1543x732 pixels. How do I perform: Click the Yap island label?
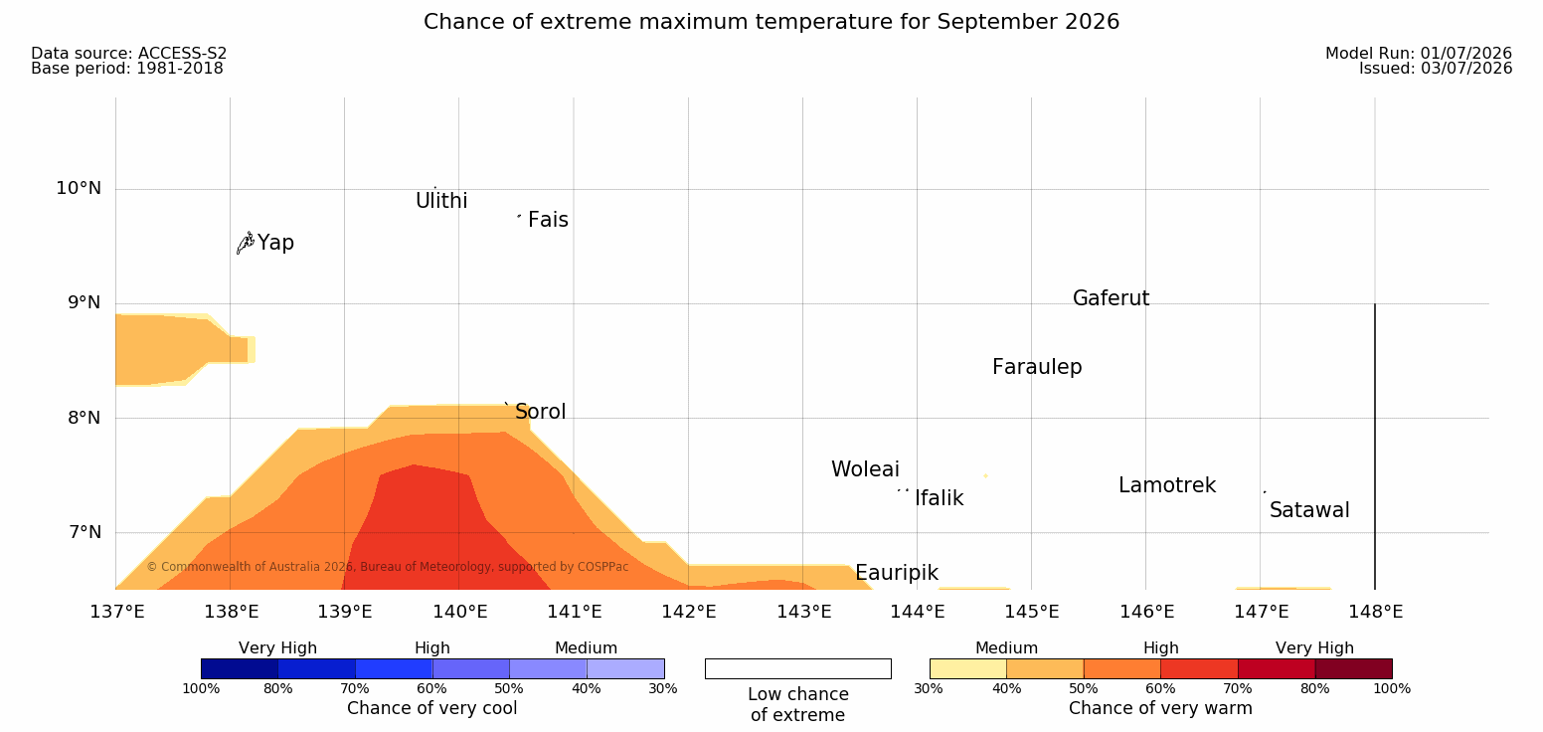(x=275, y=244)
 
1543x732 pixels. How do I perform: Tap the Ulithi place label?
(x=441, y=201)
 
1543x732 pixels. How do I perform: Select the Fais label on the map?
(x=549, y=220)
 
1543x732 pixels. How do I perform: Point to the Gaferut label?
(x=1112, y=298)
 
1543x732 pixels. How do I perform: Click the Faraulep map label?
(x=1037, y=367)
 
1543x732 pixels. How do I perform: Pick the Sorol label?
(x=541, y=412)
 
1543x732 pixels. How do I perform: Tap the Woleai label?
(x=865, y=469)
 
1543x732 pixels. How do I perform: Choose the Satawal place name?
(x=1309, y=510)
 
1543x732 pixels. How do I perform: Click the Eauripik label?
(x=897, y=573)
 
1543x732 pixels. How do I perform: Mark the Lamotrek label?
(x=1167, y=485)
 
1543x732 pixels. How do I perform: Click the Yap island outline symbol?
(x=246, y=244)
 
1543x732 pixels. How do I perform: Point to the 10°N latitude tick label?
(x=79, y=188)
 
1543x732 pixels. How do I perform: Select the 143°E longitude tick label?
(x=804, y=612)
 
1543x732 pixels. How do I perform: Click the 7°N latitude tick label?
(x=85, y=532)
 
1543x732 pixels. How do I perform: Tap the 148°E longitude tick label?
(x=1376, y=612)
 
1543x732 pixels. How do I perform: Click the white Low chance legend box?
(x=798, y=668)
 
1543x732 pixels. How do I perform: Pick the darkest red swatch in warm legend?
(x=1353, y=668)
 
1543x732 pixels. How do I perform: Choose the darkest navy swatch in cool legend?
(x=240, y=668)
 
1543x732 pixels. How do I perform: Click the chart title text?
(x=771, y=22)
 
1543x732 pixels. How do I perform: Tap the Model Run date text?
(x=1419, y=53)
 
